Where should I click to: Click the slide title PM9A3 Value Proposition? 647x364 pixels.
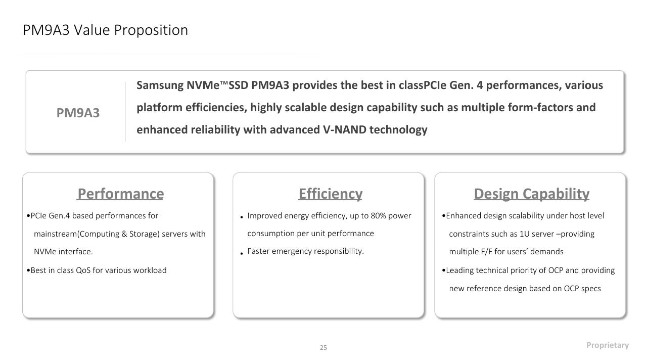(x=106, y=30)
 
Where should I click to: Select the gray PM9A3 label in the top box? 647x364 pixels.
(x=78, y=113)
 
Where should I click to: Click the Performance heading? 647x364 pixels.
(x=120, y=194)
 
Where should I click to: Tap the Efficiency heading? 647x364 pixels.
(x=331, y=194)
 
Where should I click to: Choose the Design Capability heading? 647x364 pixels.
(x=531, y=194)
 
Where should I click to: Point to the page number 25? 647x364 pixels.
(x=323, y=347)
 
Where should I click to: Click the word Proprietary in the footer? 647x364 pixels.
(x=608, y=345)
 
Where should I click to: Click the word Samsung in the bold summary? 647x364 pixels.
(x=160, y=85)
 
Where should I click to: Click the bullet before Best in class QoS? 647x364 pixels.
(x=28, y=270)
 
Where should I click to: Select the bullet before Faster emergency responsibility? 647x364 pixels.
(x=242, y=254)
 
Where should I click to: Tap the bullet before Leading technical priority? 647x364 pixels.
(x=444, y=270)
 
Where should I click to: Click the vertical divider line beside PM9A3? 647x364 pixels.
(x=125, y=112)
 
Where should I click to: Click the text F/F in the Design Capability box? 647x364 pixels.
(x=486, y=252)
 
